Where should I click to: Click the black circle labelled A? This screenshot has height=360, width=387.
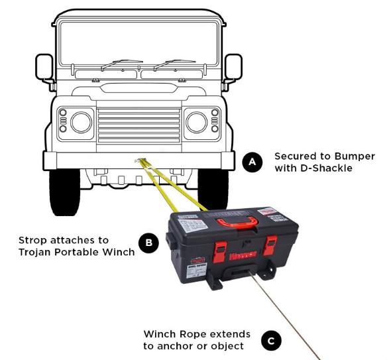point(252,162)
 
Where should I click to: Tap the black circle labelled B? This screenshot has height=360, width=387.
point(149,243)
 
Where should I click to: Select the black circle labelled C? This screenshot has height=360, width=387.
point(271,341)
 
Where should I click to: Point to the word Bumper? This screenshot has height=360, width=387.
point(355,156)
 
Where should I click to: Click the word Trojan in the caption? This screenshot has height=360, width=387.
point(35,252)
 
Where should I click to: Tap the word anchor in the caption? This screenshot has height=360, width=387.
point(176,346)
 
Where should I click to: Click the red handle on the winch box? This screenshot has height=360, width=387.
point(237,221)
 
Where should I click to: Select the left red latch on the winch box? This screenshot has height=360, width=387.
point(219,252)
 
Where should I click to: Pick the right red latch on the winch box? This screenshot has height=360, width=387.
point(270,245)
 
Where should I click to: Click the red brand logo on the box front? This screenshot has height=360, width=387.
point(243,256)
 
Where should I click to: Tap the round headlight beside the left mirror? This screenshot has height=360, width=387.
point(82,122)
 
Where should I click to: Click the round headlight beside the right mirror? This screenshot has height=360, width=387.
point(197,122)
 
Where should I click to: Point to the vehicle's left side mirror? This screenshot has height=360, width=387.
point(44,67)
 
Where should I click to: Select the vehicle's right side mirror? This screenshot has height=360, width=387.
point(233,67)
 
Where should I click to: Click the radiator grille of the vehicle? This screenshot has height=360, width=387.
point(138,126)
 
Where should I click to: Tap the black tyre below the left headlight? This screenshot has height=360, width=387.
point(65,192)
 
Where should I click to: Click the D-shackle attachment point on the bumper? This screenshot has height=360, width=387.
point(139,160)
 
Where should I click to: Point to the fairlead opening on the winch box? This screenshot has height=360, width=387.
point(241,272)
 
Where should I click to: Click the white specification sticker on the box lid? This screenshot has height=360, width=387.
point(193,225)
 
